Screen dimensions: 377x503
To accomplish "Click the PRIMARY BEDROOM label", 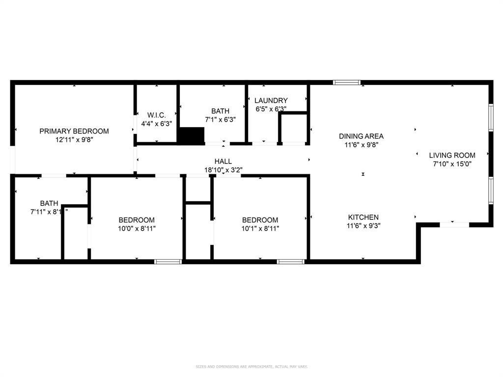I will click(x=74, y=131).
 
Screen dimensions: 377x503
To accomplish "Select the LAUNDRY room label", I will click(x=271, y=101).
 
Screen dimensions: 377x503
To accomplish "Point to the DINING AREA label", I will click(x=361, y=136).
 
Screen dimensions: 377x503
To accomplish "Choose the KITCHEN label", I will click(x=363, y=217).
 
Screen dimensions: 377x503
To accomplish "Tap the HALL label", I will click(x=223, y=161).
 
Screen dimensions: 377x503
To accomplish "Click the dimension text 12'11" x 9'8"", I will click(x=74, y=140).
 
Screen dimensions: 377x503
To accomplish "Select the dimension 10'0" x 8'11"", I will click(x=137, y=228).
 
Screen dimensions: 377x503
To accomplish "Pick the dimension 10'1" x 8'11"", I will click(x=260, y=228).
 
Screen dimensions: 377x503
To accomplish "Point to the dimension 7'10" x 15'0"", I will click(x=452, y=164).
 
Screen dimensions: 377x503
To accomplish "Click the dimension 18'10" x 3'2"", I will click(x=223, y=170).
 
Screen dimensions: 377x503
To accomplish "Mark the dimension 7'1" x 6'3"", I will click(x=220, y=120).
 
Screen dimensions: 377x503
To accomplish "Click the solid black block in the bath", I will click(x=192, y=135).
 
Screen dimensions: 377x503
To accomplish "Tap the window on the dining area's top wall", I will click(x=347, y=82).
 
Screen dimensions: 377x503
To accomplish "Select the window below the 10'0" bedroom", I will click(x=168, y=262).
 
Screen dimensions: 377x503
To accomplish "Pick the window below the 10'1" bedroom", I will click(x=291, y=262).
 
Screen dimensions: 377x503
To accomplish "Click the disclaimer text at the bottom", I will click(x=251, y=367).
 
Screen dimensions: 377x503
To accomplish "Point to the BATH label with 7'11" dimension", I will click(x=49, y=203).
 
